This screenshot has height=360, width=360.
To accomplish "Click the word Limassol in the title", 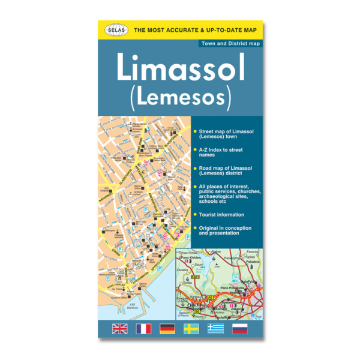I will (x=181, y=70).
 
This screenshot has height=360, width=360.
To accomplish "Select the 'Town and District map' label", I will (x=230, y=44).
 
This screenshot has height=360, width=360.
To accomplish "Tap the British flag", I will (x=120, y=328).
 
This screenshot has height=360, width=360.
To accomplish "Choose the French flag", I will (x=144, y=328).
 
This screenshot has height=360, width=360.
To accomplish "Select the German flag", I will (x=168, y=328).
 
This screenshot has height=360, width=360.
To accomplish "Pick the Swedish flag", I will (x=191, y=328).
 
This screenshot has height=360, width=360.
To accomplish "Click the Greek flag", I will (x=215, y=328).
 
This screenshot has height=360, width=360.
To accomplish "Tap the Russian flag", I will (x=239, y=328).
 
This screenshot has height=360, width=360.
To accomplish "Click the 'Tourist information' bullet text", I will (x=221, y=214).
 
